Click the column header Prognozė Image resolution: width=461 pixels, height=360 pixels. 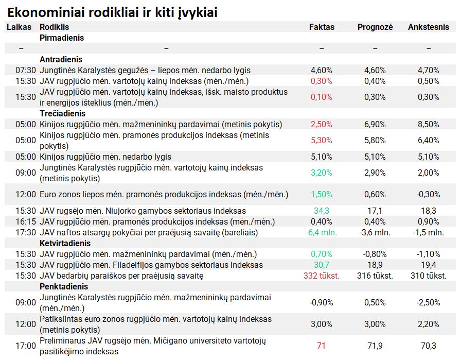375,27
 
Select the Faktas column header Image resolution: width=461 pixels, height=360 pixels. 322,27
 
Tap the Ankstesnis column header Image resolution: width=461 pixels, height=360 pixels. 429,27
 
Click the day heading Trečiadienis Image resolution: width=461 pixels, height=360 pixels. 62,114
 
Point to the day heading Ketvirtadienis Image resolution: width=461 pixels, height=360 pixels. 65,244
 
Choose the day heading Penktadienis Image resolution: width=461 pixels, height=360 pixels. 64,287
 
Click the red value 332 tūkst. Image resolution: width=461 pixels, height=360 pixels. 322,276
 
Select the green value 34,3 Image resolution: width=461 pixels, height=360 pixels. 322,211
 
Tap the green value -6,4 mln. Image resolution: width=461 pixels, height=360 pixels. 322,233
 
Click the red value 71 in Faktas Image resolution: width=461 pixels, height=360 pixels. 322,346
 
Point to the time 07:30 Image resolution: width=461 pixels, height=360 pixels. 26,71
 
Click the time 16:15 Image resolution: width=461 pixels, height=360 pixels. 26,221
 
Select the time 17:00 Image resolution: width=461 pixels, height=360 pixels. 26,346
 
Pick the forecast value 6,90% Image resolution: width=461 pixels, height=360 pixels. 375,125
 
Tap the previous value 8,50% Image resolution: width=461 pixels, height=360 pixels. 429,125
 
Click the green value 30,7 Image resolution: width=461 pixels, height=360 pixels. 322,265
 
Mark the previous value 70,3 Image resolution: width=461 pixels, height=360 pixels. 429,346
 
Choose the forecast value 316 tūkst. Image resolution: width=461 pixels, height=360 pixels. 375,276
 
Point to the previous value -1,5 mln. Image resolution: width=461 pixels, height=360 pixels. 429,233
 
